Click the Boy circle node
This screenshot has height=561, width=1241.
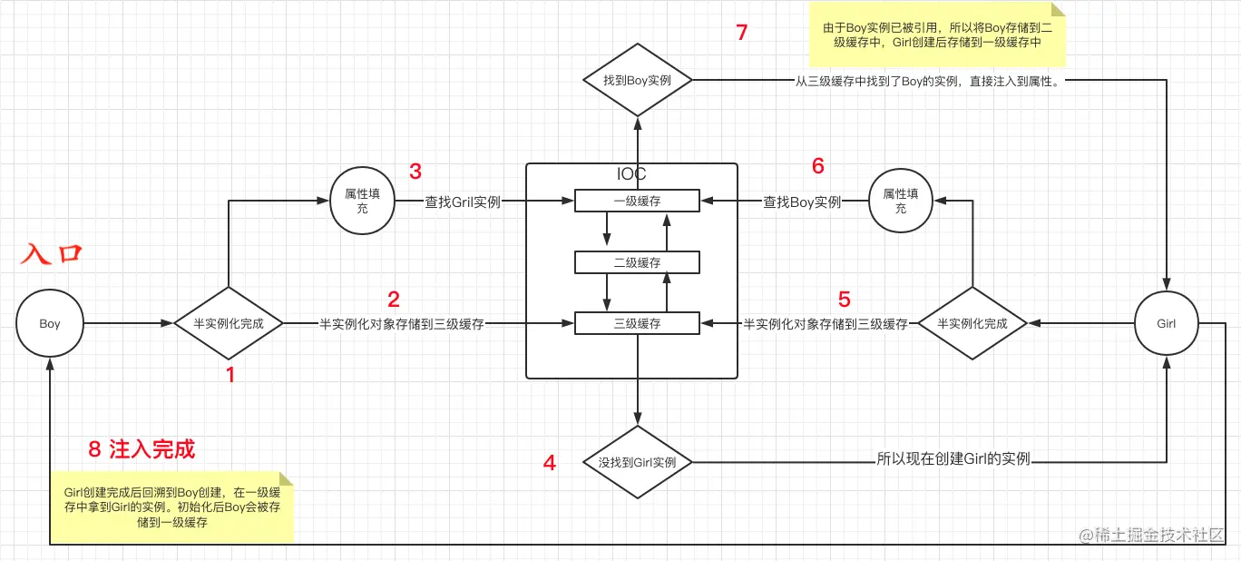tap(50, 323)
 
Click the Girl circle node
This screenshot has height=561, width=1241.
tap(1167, 323)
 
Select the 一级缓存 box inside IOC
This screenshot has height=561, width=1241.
tap(637, 202)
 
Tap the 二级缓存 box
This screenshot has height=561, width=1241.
tap(637, 262)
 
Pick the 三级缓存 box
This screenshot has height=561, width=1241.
tap(637, 323)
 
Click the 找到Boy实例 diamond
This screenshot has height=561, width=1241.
tap(637, 81)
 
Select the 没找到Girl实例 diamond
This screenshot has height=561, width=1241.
tap(637, 462)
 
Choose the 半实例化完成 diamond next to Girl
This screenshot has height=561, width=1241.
tap(972, 323)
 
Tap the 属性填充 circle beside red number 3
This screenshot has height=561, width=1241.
tap(361, 202)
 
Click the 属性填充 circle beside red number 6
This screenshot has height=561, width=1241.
tap(901, 202)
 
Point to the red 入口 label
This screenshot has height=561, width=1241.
tap(52, 253)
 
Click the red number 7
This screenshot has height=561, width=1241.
tap(742, 33)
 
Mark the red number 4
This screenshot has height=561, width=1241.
tap(549, 462)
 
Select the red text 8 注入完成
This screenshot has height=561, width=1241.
tap(142, 448)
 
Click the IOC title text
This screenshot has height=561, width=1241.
tap(631, 173)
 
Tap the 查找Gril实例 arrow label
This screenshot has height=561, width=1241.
tap(463, 202)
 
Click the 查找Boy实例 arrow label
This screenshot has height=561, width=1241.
tap(802, 202)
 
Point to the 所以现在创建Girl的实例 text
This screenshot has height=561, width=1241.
tap(953, 459)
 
